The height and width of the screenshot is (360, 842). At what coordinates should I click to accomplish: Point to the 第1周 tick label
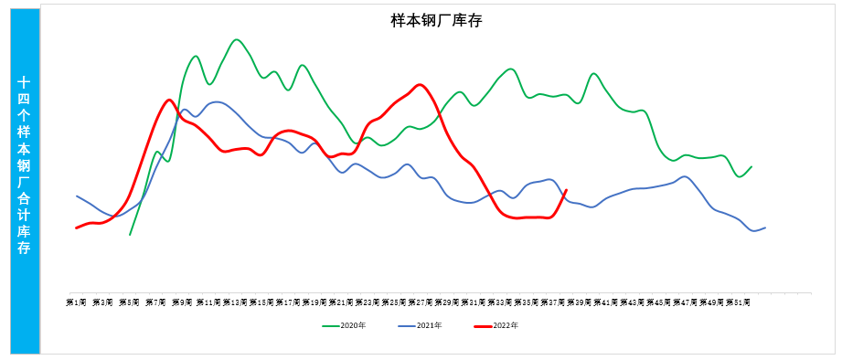pyautogui.click(x=77, y=302)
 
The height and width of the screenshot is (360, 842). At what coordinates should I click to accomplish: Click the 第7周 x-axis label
pyautogui.click(x=156, y=302)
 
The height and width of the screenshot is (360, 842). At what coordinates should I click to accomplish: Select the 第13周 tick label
pyautogui.click(x=235, y=302)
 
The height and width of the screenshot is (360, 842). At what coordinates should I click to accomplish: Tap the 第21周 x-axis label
pyautogui.click(x=341, y=302)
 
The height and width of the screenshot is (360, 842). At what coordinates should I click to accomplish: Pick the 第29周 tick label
pyautogui.click(x=447, y=302)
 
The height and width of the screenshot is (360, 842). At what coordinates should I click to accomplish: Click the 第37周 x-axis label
pyautogui.click(x=553, y=302)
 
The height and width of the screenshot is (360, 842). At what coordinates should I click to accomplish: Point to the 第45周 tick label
pyautogui.click(x=659, y=302)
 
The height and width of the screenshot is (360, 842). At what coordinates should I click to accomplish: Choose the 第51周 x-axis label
pyautogui.click(x=738, y=302)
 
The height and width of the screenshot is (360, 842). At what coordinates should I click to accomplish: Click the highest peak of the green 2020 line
pyautogui.click(x=237, y=39)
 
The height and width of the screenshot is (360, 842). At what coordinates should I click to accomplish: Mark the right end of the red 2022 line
pyautogui.click(x=567, y=190)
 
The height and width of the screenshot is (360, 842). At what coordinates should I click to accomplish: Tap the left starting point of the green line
pyautogui.click(x=130, y=235)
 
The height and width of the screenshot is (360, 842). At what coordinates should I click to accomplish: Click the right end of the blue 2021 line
pyautogui.click(x=765, y=227)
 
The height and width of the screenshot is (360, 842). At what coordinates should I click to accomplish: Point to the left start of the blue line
pyautogui.click(x=77, y=196)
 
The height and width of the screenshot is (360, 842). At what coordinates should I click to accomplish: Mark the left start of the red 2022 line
pyautogui.click(x=77, y=228)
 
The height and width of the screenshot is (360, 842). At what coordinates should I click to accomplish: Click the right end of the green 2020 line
pyautogui.click(x=751, y=166)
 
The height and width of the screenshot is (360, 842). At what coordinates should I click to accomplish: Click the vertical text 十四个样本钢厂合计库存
pyautogui.click(x=25, y=164)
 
